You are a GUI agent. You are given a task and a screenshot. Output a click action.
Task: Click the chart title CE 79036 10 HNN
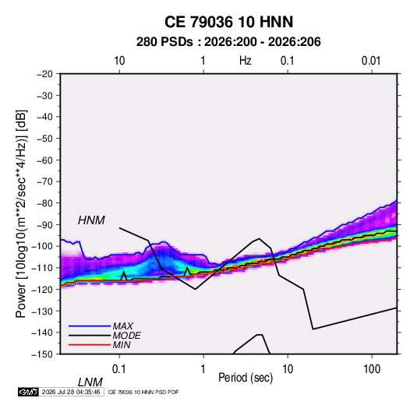pos(228,22)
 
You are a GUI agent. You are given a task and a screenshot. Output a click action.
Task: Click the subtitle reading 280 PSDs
pos(164,42)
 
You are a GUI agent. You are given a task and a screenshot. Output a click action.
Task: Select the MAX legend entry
pos(123,326)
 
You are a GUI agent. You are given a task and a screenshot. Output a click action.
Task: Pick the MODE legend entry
pos(126,336)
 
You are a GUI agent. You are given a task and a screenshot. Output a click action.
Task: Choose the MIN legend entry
pos(122,345)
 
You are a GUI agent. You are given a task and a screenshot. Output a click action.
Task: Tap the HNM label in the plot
pos(91,220)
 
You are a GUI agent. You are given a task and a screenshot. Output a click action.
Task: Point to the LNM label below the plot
pos(90,382)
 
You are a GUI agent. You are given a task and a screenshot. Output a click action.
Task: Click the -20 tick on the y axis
pos(44,74)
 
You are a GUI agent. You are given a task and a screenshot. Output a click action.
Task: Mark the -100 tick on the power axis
pos(42,246)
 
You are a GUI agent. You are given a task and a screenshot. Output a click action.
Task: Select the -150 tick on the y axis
pos(42,354)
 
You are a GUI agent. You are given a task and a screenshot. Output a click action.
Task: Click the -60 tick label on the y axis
pos(44,160)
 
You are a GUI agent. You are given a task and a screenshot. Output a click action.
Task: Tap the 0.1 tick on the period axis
pos(119,369)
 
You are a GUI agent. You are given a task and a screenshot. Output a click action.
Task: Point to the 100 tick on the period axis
pos(372,369)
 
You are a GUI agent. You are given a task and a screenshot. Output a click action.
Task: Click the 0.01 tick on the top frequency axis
pos(371,61)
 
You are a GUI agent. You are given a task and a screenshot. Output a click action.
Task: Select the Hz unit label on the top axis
pos(246,61)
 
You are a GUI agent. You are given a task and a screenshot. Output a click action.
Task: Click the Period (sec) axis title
pos(246,378)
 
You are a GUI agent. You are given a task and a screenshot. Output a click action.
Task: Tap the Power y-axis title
pos(21,214)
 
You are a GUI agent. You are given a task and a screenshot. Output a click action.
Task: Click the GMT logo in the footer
pos(29,392)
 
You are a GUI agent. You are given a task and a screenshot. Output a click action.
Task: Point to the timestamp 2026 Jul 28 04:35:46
pos(71,392)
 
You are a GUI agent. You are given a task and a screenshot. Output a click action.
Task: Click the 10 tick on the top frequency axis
pos(119,61)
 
